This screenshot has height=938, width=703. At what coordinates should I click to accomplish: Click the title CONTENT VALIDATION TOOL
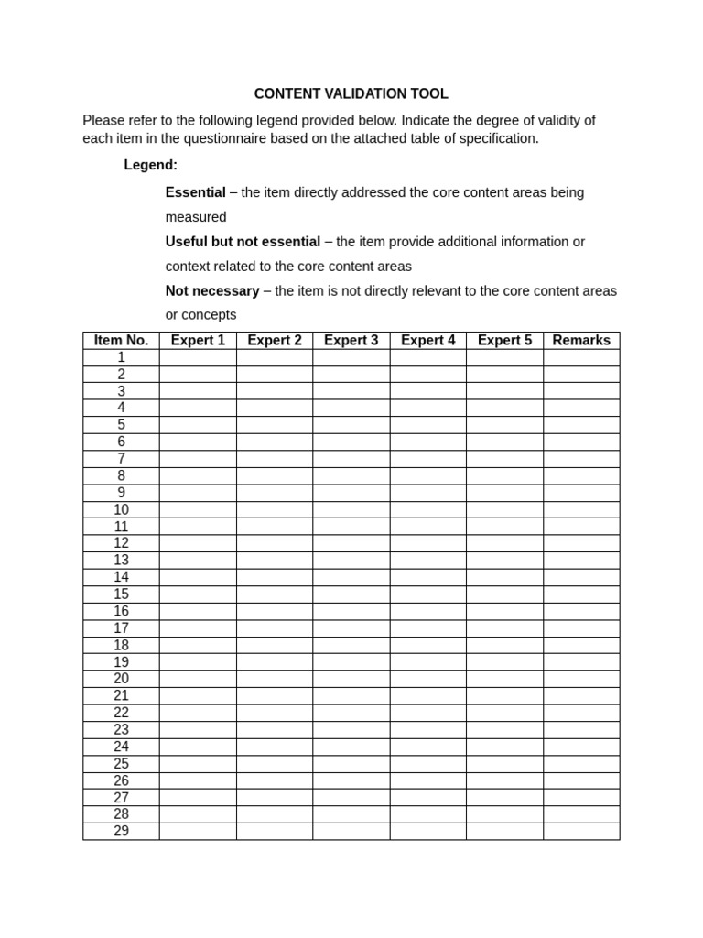point(351,94)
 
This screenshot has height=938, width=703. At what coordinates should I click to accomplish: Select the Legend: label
point(151,165)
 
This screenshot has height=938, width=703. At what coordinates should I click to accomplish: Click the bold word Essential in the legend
point(195,192)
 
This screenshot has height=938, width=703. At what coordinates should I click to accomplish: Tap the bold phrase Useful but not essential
point(243,242)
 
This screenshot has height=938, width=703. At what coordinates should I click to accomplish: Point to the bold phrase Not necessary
point(212,291)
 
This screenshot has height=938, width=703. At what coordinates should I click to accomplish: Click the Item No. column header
point(121,341)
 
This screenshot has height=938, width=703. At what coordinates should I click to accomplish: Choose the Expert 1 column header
point(198,341)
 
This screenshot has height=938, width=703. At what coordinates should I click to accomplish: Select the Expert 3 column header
point(351,341)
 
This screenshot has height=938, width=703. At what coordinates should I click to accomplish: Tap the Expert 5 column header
point(504,341)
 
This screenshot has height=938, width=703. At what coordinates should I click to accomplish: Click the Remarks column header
point(581,341)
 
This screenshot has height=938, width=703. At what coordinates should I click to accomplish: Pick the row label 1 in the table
point(121,357)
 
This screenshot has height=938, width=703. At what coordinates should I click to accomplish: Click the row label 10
point(121,510)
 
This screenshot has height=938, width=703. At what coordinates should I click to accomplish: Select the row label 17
point(121,628)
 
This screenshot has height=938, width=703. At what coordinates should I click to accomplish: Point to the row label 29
point(121,832)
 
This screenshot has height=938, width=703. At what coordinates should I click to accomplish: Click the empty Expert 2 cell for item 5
point(275,425)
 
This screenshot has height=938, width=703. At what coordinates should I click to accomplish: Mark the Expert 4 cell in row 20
point(427,679)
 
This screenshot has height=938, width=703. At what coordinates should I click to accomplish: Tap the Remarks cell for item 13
point(581,561)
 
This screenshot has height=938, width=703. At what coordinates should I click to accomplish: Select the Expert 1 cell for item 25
point(198,764)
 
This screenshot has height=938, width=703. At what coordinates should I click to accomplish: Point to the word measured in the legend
point(196,217)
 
